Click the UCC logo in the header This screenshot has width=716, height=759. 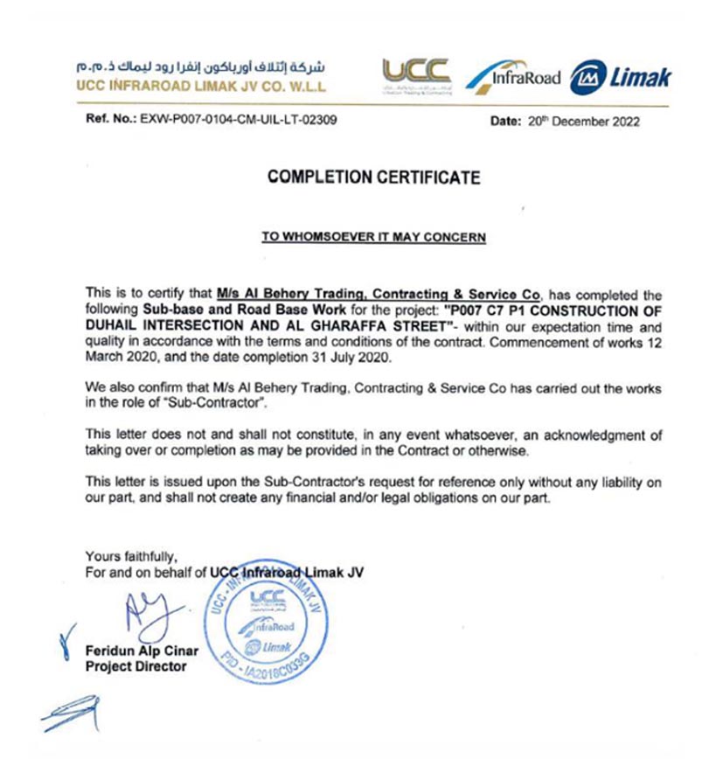pyautogui.click(x=416, y=75)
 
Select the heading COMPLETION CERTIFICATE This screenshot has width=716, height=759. pyautogui.click(x=374, y=178)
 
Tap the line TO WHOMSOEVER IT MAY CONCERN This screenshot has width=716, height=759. pyautogui.click(x=374, y=236)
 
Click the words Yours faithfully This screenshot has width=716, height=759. pyautogui.click(x=130, y=555)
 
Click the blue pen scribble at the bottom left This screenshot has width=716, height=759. pyautogui.click(x=70, y=713)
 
